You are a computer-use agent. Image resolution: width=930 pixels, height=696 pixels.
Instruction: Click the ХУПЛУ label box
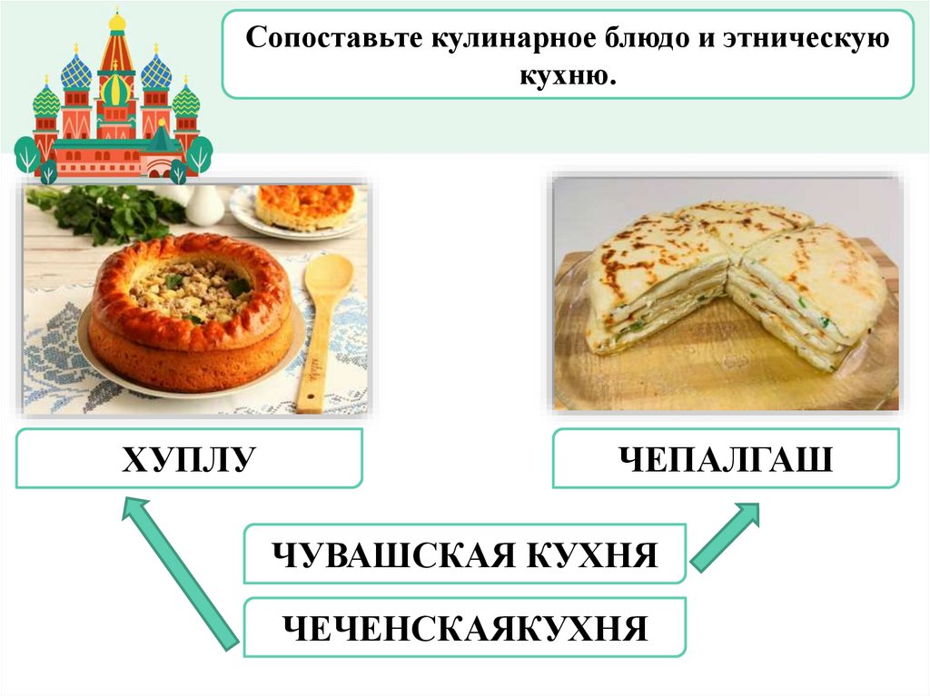coord(189,459)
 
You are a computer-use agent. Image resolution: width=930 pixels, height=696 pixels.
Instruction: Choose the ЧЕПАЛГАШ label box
coord(726,458)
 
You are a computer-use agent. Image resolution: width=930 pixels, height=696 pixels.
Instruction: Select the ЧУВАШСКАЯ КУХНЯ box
coord(464,554)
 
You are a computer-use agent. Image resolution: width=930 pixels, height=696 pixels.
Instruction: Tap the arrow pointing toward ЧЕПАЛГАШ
coord(726,541)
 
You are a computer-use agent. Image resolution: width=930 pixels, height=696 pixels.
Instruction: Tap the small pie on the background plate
coord(304,207)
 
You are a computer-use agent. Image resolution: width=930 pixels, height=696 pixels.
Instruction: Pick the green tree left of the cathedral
coord(27,153)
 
